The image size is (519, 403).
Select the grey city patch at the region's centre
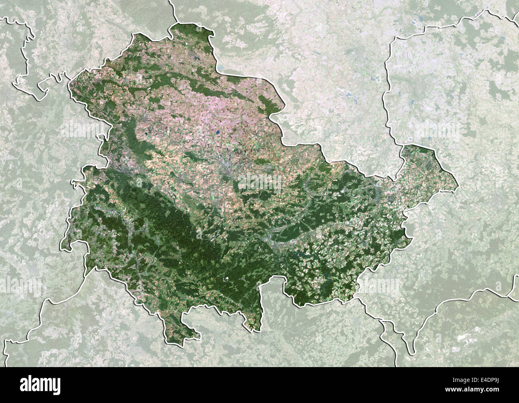point(226,168)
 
